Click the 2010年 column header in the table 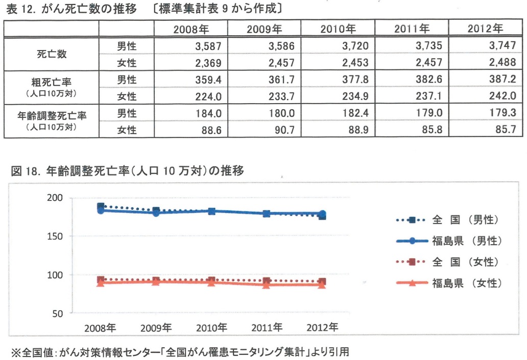338,29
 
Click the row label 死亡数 52,54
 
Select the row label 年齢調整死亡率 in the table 52,115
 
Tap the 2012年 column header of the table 485,29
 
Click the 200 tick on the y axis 55,198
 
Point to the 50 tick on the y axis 58,314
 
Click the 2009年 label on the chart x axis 156,328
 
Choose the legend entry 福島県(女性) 449,283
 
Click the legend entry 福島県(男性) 449,241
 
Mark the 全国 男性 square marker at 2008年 101,206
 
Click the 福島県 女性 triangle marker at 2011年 267,285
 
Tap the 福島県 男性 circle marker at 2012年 322,213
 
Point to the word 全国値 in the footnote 38,352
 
